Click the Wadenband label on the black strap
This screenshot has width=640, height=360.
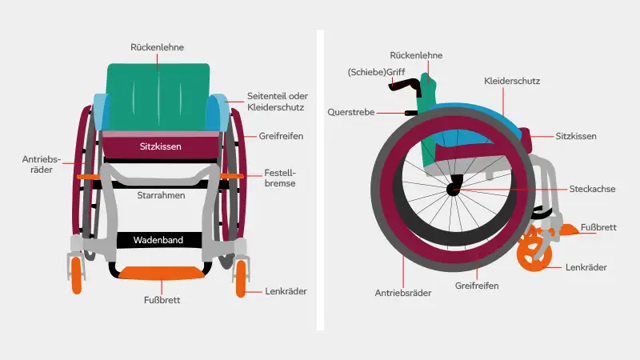click(x=158, y=240)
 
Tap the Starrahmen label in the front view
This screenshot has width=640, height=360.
click(x=161, y=195)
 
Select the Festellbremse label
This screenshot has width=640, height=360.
click(x=280, y=178)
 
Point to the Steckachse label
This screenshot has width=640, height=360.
click(x=592, y=189)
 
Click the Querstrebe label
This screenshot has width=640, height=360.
click(x=351, y=112)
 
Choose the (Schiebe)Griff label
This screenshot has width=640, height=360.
click(x=376, y=72)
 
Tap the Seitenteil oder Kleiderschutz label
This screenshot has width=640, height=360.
click(x=277, y=102)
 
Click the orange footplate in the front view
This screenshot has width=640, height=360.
click(x=162, y=273)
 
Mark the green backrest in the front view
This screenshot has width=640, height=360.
click(x=158, y=97)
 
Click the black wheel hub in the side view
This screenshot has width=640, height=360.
click(x=454, y=189)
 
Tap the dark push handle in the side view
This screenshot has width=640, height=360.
click(x=404, y=85)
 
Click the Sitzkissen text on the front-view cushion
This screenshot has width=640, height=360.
click(x=161, y=146)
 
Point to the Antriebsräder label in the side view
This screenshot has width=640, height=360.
click(x=403, y=293)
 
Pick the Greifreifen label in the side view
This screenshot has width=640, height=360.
click(x=477, y=286)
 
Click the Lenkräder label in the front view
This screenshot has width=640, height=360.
click(x=286, y=291)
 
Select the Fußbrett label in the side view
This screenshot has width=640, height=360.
click(x=598, y=227)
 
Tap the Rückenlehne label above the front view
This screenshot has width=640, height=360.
click(x=157, y=47)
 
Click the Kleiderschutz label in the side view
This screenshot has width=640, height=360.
click(x=512, y=82)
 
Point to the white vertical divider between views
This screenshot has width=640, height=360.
click(x=321, y=180)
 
